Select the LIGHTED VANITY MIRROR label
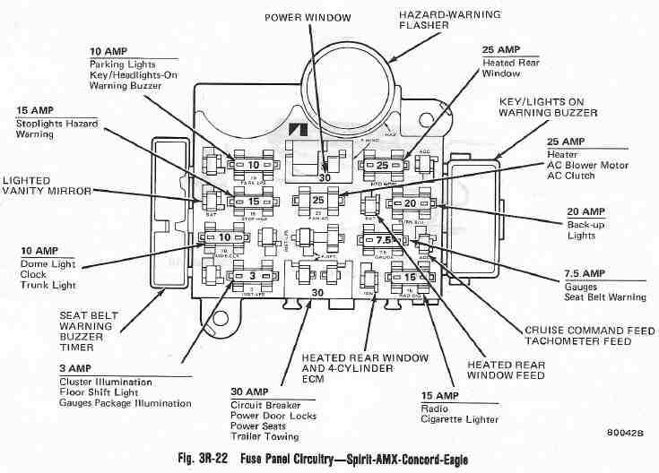[x=39, y=185]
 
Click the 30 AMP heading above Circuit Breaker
[x=255, y=391]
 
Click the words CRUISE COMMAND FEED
[x=588, y=330]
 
